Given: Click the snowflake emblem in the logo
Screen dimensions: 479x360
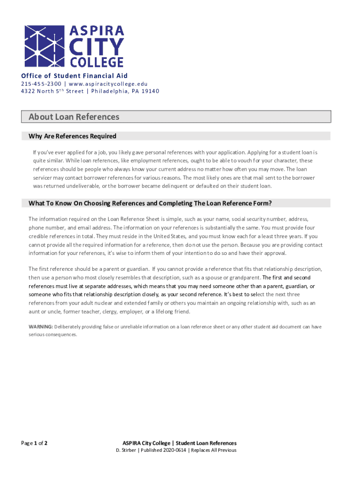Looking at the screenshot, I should [44, 46].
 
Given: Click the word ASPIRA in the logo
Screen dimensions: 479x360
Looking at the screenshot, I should [97, 31].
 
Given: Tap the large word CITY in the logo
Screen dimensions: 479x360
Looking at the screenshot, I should [97, 47].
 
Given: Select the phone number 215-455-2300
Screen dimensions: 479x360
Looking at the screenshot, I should [40, 84].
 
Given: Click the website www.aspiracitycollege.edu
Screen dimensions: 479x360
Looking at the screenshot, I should [108, 84].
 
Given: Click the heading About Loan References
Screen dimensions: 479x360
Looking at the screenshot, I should [74, 117].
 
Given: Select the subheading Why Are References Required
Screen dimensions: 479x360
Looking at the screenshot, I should [72, 137].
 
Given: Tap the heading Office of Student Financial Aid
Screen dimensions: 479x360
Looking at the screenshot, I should [74, 76].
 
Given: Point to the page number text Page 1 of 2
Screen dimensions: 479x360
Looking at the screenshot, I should [34, 443].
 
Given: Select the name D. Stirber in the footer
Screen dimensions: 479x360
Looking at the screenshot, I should [126, 450].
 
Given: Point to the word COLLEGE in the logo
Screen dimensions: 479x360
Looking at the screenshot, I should [97, 62].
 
